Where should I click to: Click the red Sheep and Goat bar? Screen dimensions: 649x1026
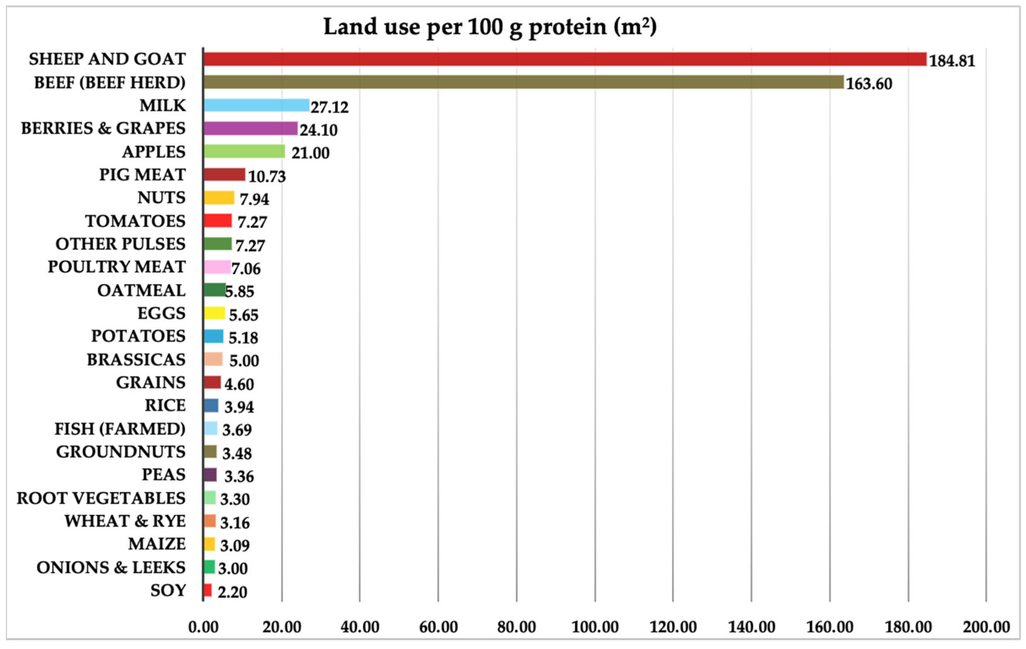[565, 59]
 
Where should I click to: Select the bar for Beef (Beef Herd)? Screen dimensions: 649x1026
[523, 82]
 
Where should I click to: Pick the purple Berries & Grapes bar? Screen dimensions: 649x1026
[251, 128]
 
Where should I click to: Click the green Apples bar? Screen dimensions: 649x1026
[244, 151]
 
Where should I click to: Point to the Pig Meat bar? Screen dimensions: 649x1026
[224, 174]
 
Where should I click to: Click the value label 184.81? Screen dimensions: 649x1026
[952, 61]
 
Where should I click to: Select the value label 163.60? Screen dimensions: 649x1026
[869, 84]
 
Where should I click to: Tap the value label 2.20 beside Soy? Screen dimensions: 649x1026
[232, 592]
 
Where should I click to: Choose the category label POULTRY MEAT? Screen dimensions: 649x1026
[116, 267]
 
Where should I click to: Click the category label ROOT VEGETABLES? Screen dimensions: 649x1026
[101, 498]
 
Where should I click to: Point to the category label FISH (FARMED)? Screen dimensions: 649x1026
[120, 429]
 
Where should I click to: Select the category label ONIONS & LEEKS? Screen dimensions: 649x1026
[111, 567]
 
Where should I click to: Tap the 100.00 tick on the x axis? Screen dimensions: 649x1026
[595, 627]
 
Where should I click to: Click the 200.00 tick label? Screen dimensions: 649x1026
[986, 627]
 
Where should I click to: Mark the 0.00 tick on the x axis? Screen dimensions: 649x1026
[203, 627]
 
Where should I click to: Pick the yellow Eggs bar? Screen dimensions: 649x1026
[214, 313]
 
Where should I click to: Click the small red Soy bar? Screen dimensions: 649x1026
[207, 590]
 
